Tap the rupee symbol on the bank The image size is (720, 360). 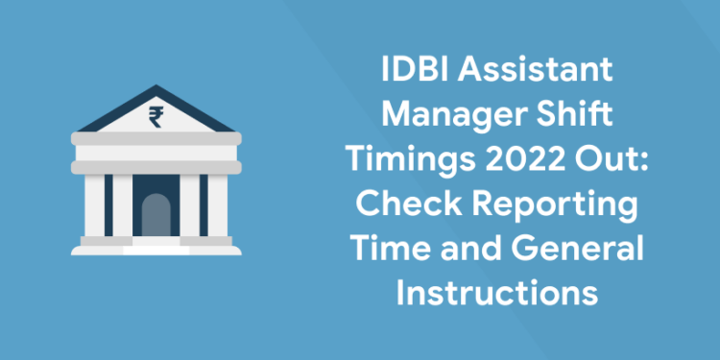[154, 116]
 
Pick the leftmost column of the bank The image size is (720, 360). [95, 204]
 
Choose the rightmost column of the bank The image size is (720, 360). [216, 204]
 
